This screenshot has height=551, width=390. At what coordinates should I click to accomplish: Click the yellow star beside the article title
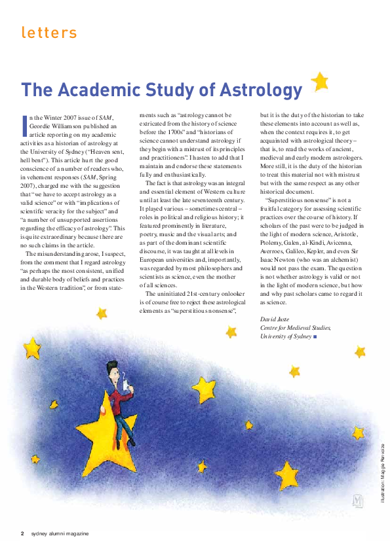click(319, 81)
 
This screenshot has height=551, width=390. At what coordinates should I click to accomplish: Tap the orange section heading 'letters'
click(49, 32)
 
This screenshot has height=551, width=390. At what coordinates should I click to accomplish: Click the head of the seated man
click(112, 368)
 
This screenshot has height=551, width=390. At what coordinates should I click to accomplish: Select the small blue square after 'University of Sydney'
click(315, 336)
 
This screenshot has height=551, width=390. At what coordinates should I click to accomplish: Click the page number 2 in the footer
click(22, 533)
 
